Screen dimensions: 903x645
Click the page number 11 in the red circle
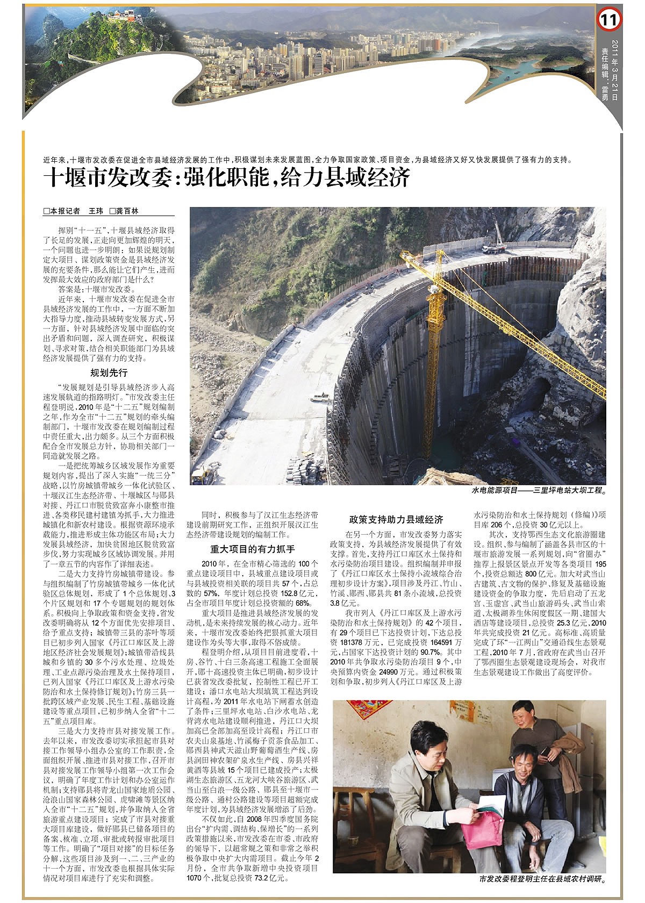tap(608, 20)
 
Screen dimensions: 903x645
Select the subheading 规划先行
tap(109, 372)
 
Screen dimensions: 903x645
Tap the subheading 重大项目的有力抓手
tap(252, 549)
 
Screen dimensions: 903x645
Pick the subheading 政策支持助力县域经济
tap(396, 519)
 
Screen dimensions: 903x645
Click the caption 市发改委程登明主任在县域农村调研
tap(542, 879)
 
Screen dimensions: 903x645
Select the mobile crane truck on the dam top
tap(493, 248)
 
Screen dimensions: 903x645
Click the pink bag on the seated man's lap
tap(482, 829)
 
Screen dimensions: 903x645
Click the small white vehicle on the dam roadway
tap(321, 398)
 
